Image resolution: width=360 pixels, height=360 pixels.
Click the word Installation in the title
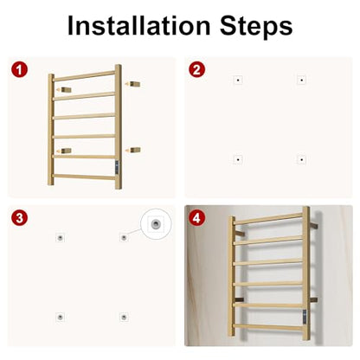pyautogui.click(x=138, y=25)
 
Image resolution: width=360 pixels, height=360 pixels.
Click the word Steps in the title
pyautogui.click(x=256, y=27)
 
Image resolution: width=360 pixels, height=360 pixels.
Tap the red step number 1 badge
pyautogui.click(x=20, y=70)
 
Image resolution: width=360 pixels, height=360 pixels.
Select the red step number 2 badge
pyautogui.click(x=196, y=70)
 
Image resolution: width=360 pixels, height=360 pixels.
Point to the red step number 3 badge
pyautogui.click(x=20, y=218)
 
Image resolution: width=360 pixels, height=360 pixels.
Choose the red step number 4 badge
pyautogui.click(x=196, y=218)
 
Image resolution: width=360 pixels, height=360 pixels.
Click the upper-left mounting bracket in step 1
pyautogui.click(x=66, y=89)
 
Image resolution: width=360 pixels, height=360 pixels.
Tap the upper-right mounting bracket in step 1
pyautogui.click(x=135, y=84)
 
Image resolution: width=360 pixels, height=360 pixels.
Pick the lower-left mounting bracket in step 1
pyautogui.click(x=66, y=151)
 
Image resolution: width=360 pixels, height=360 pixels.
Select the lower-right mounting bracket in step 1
pyautogui.click(x=135, y=150)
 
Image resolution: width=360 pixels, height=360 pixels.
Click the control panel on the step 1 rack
pyautogui.click(x=117, y=167)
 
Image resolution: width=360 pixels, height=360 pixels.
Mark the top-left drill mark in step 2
pyautogui.click(x=238, y=80)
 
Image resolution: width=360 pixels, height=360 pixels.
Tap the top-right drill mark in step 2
pyautogui.click(x=301, y=80)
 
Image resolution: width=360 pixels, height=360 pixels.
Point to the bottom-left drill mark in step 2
pyautogui.click(x=238, y=159)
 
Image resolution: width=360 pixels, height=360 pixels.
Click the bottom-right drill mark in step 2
pyautogui.click(x=301, y=159)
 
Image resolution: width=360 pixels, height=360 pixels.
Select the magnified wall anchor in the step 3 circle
pyautogui.click(x=156, y=223)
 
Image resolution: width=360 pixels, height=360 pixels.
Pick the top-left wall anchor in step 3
pyautogui.click(x=60, y=238)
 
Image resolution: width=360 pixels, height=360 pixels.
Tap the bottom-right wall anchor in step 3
pyautogui.click(x=124, y=317)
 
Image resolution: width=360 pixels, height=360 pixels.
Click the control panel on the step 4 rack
pyautogui.click(x=305, y=316)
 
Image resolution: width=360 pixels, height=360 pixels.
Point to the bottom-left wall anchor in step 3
pyautogui.click(x=60, y=317)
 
